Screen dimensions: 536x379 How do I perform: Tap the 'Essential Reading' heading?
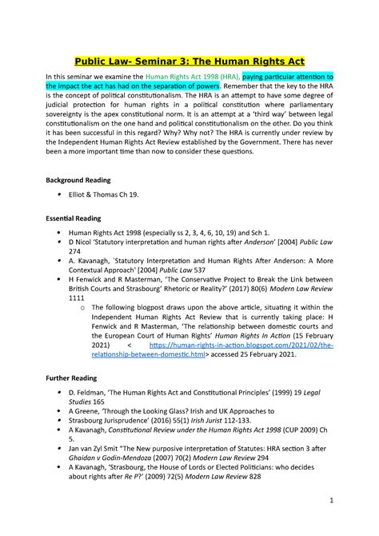75,218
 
